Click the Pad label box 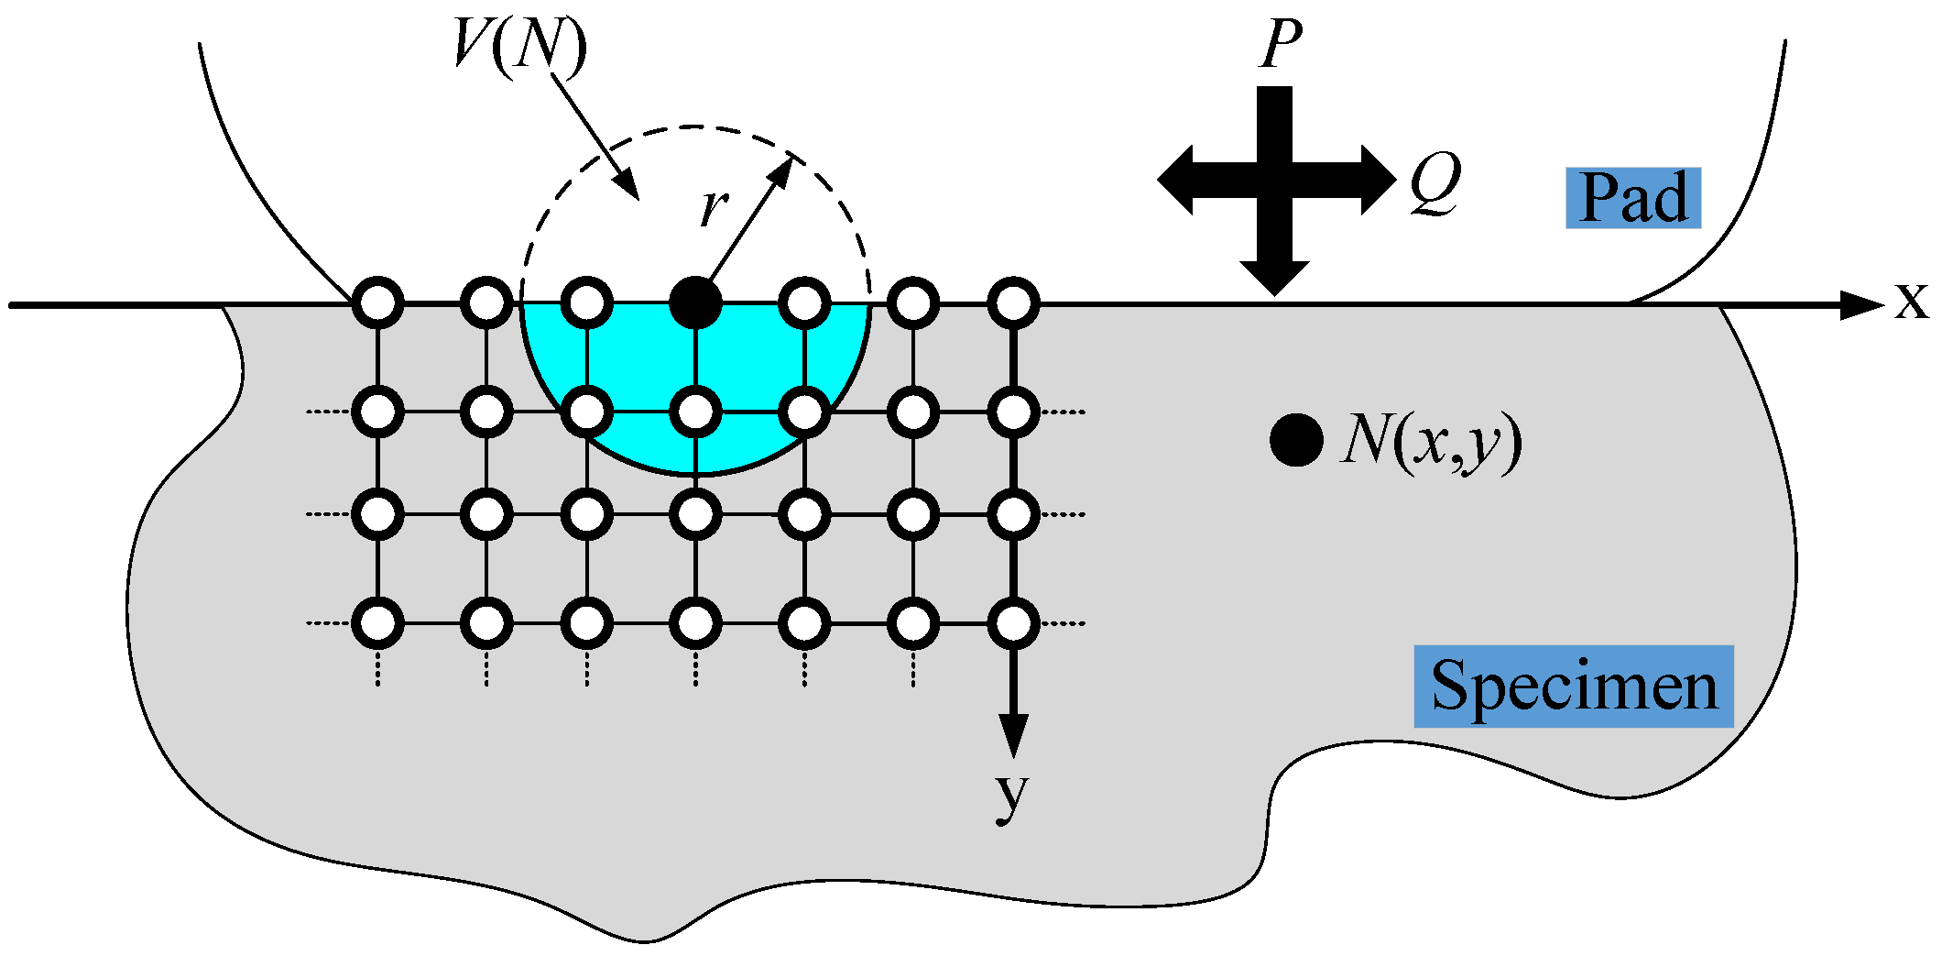(x=1632, y=198)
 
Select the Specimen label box (x=1573, y=687)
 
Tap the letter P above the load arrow (x=1280, y=44)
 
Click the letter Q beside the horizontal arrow (x=1435, y=183)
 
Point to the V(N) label (x=519, y=44)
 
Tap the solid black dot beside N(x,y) (x=1296, y=440)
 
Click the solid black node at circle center (x=695, y=302)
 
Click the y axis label (x=1012, y=795)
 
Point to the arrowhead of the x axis (x=1860, y=304)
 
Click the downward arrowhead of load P (x=1274, y=277)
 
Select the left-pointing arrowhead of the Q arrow (x=1176, y=180)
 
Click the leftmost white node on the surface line (x=377, y=302)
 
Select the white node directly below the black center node (x=695, y=412)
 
